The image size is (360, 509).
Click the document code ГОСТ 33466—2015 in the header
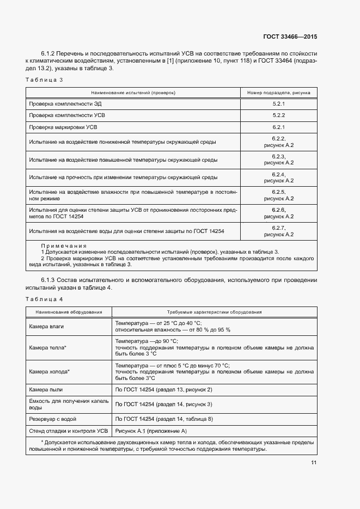point(290,37)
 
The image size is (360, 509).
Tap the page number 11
point(314,463)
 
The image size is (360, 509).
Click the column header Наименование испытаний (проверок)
point(133,93)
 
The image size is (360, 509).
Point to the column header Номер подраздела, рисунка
point(279,93)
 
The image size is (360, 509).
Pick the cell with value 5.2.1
point(279,103)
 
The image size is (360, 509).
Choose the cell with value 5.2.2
point(279,115)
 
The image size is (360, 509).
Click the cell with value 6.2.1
point(279,127)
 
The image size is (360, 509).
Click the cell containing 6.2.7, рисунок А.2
point(279,231)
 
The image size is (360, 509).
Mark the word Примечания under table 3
point(64,246)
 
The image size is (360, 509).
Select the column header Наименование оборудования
point(69,312)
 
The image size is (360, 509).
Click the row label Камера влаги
point(46,326)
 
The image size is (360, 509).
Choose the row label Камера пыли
point(45,390)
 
